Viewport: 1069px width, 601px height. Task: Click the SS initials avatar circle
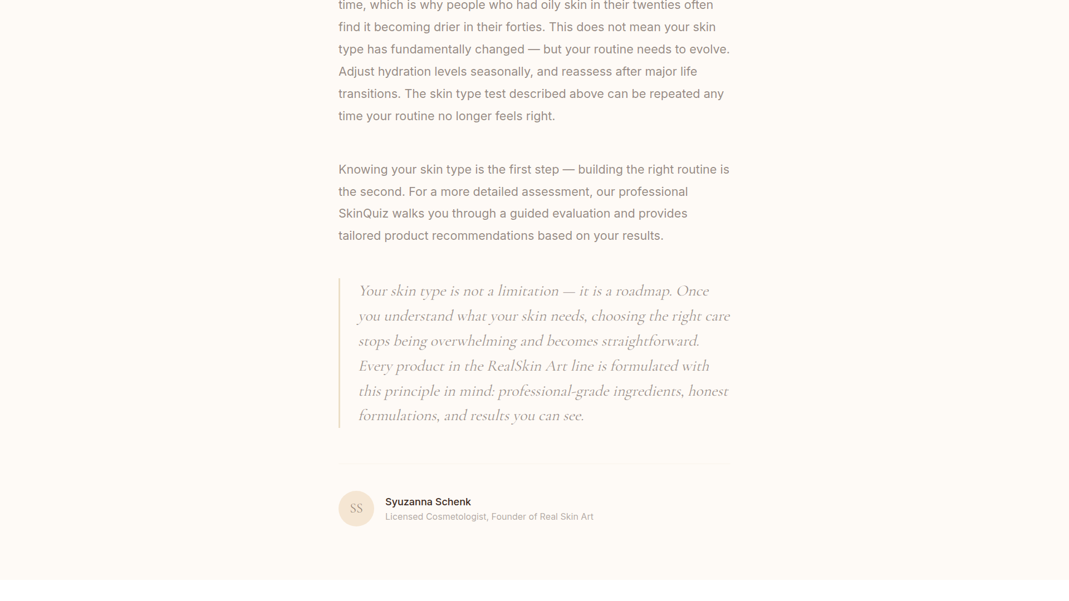356,508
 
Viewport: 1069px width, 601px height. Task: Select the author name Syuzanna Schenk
428,502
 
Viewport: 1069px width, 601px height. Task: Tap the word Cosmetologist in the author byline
456,517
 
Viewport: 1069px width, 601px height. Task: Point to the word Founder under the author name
508,517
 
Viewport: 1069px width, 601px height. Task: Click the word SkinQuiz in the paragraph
363,214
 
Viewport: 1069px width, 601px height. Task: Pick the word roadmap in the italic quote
643,291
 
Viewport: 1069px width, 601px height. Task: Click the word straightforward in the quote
649,341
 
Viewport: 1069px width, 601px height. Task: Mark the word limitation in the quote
527,291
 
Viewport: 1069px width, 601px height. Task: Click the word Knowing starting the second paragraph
362,170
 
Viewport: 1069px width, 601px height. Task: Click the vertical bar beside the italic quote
339,353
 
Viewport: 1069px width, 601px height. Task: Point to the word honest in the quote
708,391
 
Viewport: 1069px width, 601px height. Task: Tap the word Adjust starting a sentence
356,72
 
